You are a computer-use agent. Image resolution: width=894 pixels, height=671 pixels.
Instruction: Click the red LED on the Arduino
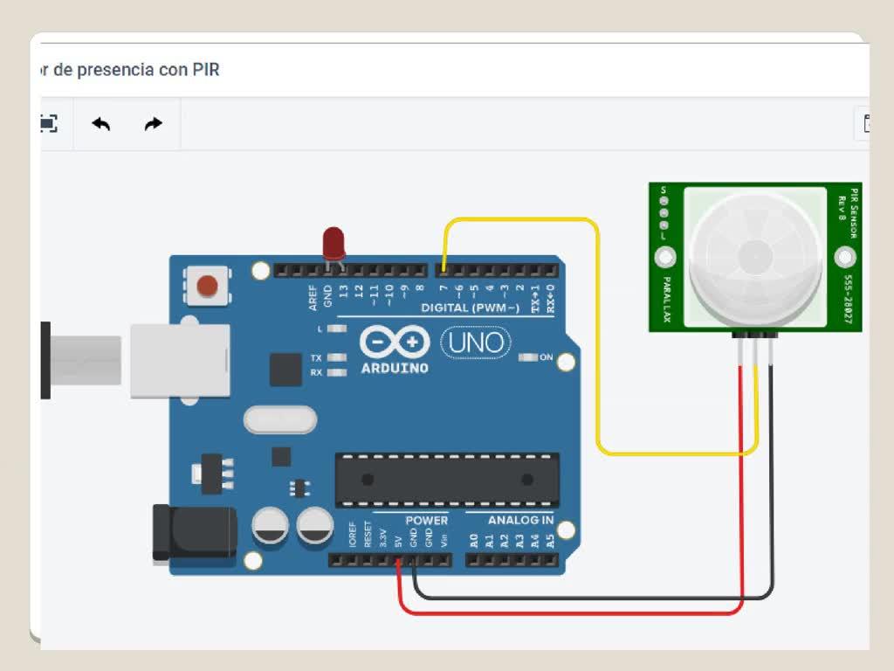click(334, 242)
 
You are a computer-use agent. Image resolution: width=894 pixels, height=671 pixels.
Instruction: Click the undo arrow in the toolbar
click(101, 124)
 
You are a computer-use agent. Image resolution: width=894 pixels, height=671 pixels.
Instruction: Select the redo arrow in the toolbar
click(153, 124)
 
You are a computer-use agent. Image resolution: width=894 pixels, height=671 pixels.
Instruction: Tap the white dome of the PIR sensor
click(755, 254)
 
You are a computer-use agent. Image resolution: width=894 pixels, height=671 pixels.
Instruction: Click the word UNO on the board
click(477, 342)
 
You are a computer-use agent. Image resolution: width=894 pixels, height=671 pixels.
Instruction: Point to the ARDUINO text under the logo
click(395, 368)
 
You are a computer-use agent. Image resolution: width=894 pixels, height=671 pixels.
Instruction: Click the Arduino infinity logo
click(395, 342)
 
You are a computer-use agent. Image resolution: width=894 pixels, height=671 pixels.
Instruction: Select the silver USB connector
click(180, 360)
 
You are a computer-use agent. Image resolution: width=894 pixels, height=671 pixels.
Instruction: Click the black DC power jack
click(195, 532)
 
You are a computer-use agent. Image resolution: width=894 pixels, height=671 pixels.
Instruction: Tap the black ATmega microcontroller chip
click(447, 480)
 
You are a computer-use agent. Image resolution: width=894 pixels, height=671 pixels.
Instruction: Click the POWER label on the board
click(426, 521)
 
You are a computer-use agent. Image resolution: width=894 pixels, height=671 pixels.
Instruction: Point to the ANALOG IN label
click(520, 521)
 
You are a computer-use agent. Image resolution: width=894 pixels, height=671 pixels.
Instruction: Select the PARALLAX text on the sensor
click(666, 301)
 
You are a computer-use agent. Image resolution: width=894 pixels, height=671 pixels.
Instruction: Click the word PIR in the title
click(206, 70)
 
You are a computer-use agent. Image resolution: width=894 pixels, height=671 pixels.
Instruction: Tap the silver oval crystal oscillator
click(279, 420)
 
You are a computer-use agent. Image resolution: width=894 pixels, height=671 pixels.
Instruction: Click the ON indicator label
click(547, 357)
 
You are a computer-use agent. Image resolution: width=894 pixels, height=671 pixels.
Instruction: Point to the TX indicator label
click(316, 358)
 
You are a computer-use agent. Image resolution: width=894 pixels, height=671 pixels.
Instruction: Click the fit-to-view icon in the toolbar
click(49, 124)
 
